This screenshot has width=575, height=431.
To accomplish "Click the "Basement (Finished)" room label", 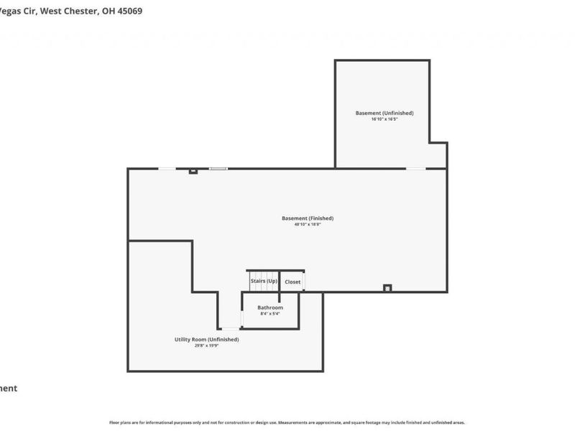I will (x=308, y=218).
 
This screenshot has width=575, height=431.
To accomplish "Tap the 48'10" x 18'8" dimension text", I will (x=308, y=225).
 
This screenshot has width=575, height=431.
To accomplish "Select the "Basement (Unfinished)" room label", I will (x=385, y=113).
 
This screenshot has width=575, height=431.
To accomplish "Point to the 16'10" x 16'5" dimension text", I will (x=385, y=119).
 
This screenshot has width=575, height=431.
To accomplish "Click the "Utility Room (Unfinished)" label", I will (x=206, y=339).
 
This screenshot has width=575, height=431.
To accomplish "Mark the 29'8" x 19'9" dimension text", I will (x=206, y=346).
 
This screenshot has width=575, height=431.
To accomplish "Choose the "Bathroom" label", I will (x=271, y=307).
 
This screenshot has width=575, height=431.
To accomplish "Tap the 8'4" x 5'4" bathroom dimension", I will (x=271, y=313).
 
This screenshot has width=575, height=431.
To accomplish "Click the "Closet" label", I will (x=293, y=282).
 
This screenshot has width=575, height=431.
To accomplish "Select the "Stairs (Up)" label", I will (x=264, y=281).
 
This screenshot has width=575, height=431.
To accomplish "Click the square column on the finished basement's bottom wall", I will (x=387, y=288).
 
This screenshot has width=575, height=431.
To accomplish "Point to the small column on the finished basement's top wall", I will (x=193, y=171).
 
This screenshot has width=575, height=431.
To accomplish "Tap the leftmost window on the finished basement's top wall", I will (x=167, y=169).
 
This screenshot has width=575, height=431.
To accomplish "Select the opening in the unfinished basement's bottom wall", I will (x=415, y=169).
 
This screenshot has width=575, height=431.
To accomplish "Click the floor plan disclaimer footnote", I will (x=287, y=422).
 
